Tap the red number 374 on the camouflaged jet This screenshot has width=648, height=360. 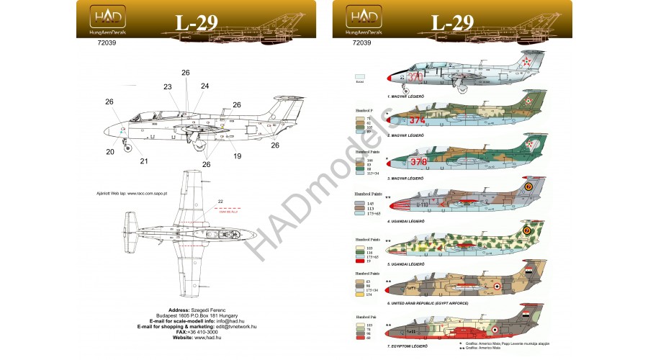click(x=417, y=120)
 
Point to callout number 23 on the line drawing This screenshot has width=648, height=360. click(x=168, y=87)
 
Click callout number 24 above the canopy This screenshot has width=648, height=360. click(x=204, y=86)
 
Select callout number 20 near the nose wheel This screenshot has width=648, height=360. click(x=110, y=152)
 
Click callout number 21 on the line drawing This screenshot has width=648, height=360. click(x=144, y=161)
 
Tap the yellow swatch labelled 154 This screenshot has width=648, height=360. click(x=360, y=294)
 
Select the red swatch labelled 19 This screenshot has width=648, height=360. click(x=360, y=261)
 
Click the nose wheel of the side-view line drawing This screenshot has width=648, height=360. click(x=129, y=148)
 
